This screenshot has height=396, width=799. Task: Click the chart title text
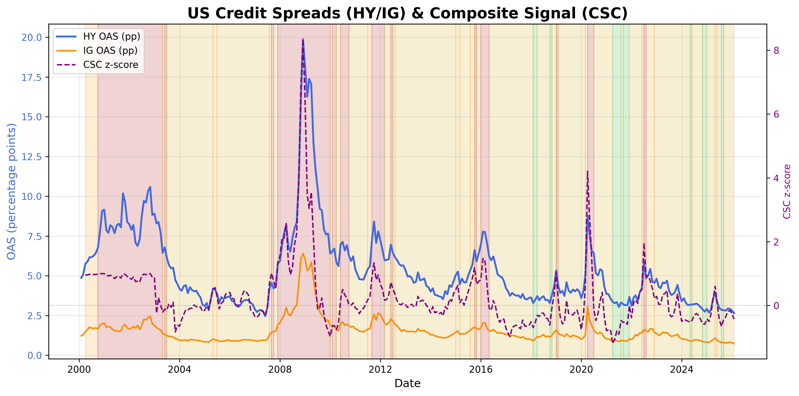click(x=407, y=13)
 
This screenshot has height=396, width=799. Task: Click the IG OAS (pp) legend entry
click(x=110, y=50)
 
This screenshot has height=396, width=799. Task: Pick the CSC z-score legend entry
click(x=111, y=65)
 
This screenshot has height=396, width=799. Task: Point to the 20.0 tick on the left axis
click(x=31, y=37)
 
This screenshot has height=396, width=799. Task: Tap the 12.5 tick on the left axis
click(x=31, y=157)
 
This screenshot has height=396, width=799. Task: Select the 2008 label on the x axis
click(x=280, y=370)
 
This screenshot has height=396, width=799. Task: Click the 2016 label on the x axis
click(x=481, y=370)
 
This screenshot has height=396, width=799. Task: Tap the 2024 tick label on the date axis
click(x=682, y=370)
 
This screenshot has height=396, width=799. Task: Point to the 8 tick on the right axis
click(x=776, y=50)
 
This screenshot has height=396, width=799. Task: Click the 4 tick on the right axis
click(x=776, y=178)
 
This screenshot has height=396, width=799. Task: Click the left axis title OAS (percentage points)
click(x=11, y=192)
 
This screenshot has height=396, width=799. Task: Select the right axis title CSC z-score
click(x=787, y=192)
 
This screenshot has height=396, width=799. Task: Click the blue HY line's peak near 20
click(x=303, y=39)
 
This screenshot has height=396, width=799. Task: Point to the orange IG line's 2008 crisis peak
click(x=303, y=254)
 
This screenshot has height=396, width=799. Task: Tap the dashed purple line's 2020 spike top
click(x=587, y=171)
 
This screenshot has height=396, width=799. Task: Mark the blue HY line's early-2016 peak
click(x=483, y=231)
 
